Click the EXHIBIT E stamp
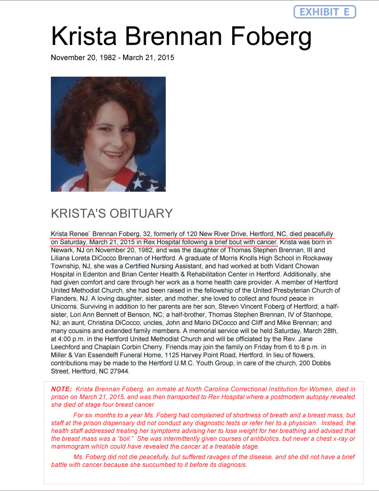pos(325,12)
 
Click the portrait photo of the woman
pos(108,134)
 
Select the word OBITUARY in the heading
pos(143,213)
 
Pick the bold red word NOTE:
pos(61,389)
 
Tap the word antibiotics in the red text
pos(276,439)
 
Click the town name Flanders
pos(64,298)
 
